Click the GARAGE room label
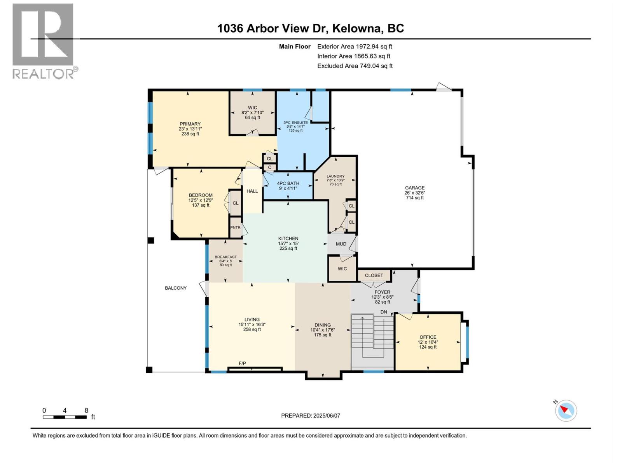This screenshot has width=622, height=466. pos(414,188)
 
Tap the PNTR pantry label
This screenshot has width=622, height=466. pos(235,228)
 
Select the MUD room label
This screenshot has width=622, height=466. pos(341,244)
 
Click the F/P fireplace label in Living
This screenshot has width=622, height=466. pos(242,363)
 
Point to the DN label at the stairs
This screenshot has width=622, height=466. pos(384,312)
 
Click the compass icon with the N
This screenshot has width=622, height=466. pos(566,410)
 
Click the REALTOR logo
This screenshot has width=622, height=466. pos(43,41)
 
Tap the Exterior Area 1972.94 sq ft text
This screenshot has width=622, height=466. pos(355,47)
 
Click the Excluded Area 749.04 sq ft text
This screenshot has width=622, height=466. pos(355,66)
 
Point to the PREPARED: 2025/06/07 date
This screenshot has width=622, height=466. pos(311,416)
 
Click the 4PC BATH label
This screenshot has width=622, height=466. pos(288,183)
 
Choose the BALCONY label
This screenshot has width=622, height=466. pos(176,288)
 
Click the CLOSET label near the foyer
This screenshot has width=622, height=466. pos(374,275)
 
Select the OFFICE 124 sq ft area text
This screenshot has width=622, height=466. pos(428,347)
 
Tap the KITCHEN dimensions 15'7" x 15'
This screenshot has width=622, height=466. pos(288,243)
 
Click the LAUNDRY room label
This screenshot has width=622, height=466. pos(335,176)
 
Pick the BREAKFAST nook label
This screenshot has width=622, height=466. pos(225,257)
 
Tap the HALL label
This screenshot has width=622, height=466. pos(252,191)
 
